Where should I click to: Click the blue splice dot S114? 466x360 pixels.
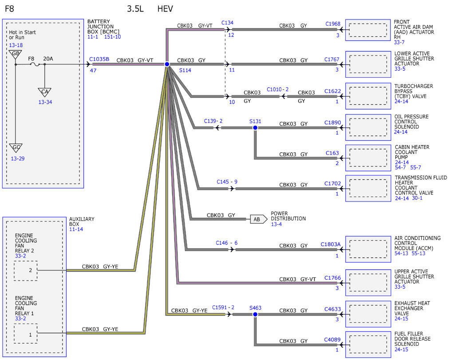[x=167, y=64]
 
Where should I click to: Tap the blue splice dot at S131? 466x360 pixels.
[x=255, y=128]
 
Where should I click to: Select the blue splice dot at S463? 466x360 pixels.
[x=255, y=314]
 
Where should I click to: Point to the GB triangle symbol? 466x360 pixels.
[x=15, y=54]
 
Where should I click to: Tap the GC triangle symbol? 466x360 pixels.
[x=16, y=148]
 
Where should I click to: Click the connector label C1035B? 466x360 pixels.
[x=99, y=59]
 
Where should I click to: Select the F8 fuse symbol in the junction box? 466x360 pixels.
[x=36, y=64]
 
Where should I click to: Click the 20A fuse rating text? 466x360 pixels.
[x=48, y=59]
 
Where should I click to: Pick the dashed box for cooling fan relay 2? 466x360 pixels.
[x=26, y=271]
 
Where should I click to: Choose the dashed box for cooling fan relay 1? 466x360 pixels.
[x=26, y=333]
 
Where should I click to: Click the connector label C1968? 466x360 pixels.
[x=333, y=24]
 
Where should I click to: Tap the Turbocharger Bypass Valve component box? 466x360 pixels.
[x=368, y=96]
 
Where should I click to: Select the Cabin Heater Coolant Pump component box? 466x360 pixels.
[x=368, y=158]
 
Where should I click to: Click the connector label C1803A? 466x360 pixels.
[x=331, y=244]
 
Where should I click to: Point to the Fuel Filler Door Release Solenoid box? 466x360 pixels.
[x=368, y=344]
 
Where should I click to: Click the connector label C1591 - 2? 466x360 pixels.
[x=223, y=307]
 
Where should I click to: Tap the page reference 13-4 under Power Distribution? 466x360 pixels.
[x=276, y=224]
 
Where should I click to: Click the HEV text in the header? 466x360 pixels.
[x=165, y=8]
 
